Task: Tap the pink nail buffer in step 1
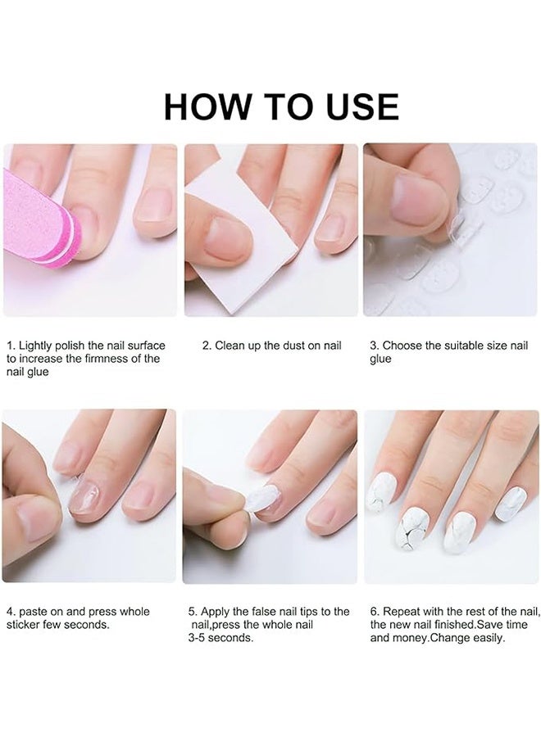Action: point(41,217)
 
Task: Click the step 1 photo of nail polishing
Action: point(90,230)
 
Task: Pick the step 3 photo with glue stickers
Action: point(450,230)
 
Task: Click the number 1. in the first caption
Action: point(11,346)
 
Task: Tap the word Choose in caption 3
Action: point(401,346)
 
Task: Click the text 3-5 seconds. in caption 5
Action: point(221,638)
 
